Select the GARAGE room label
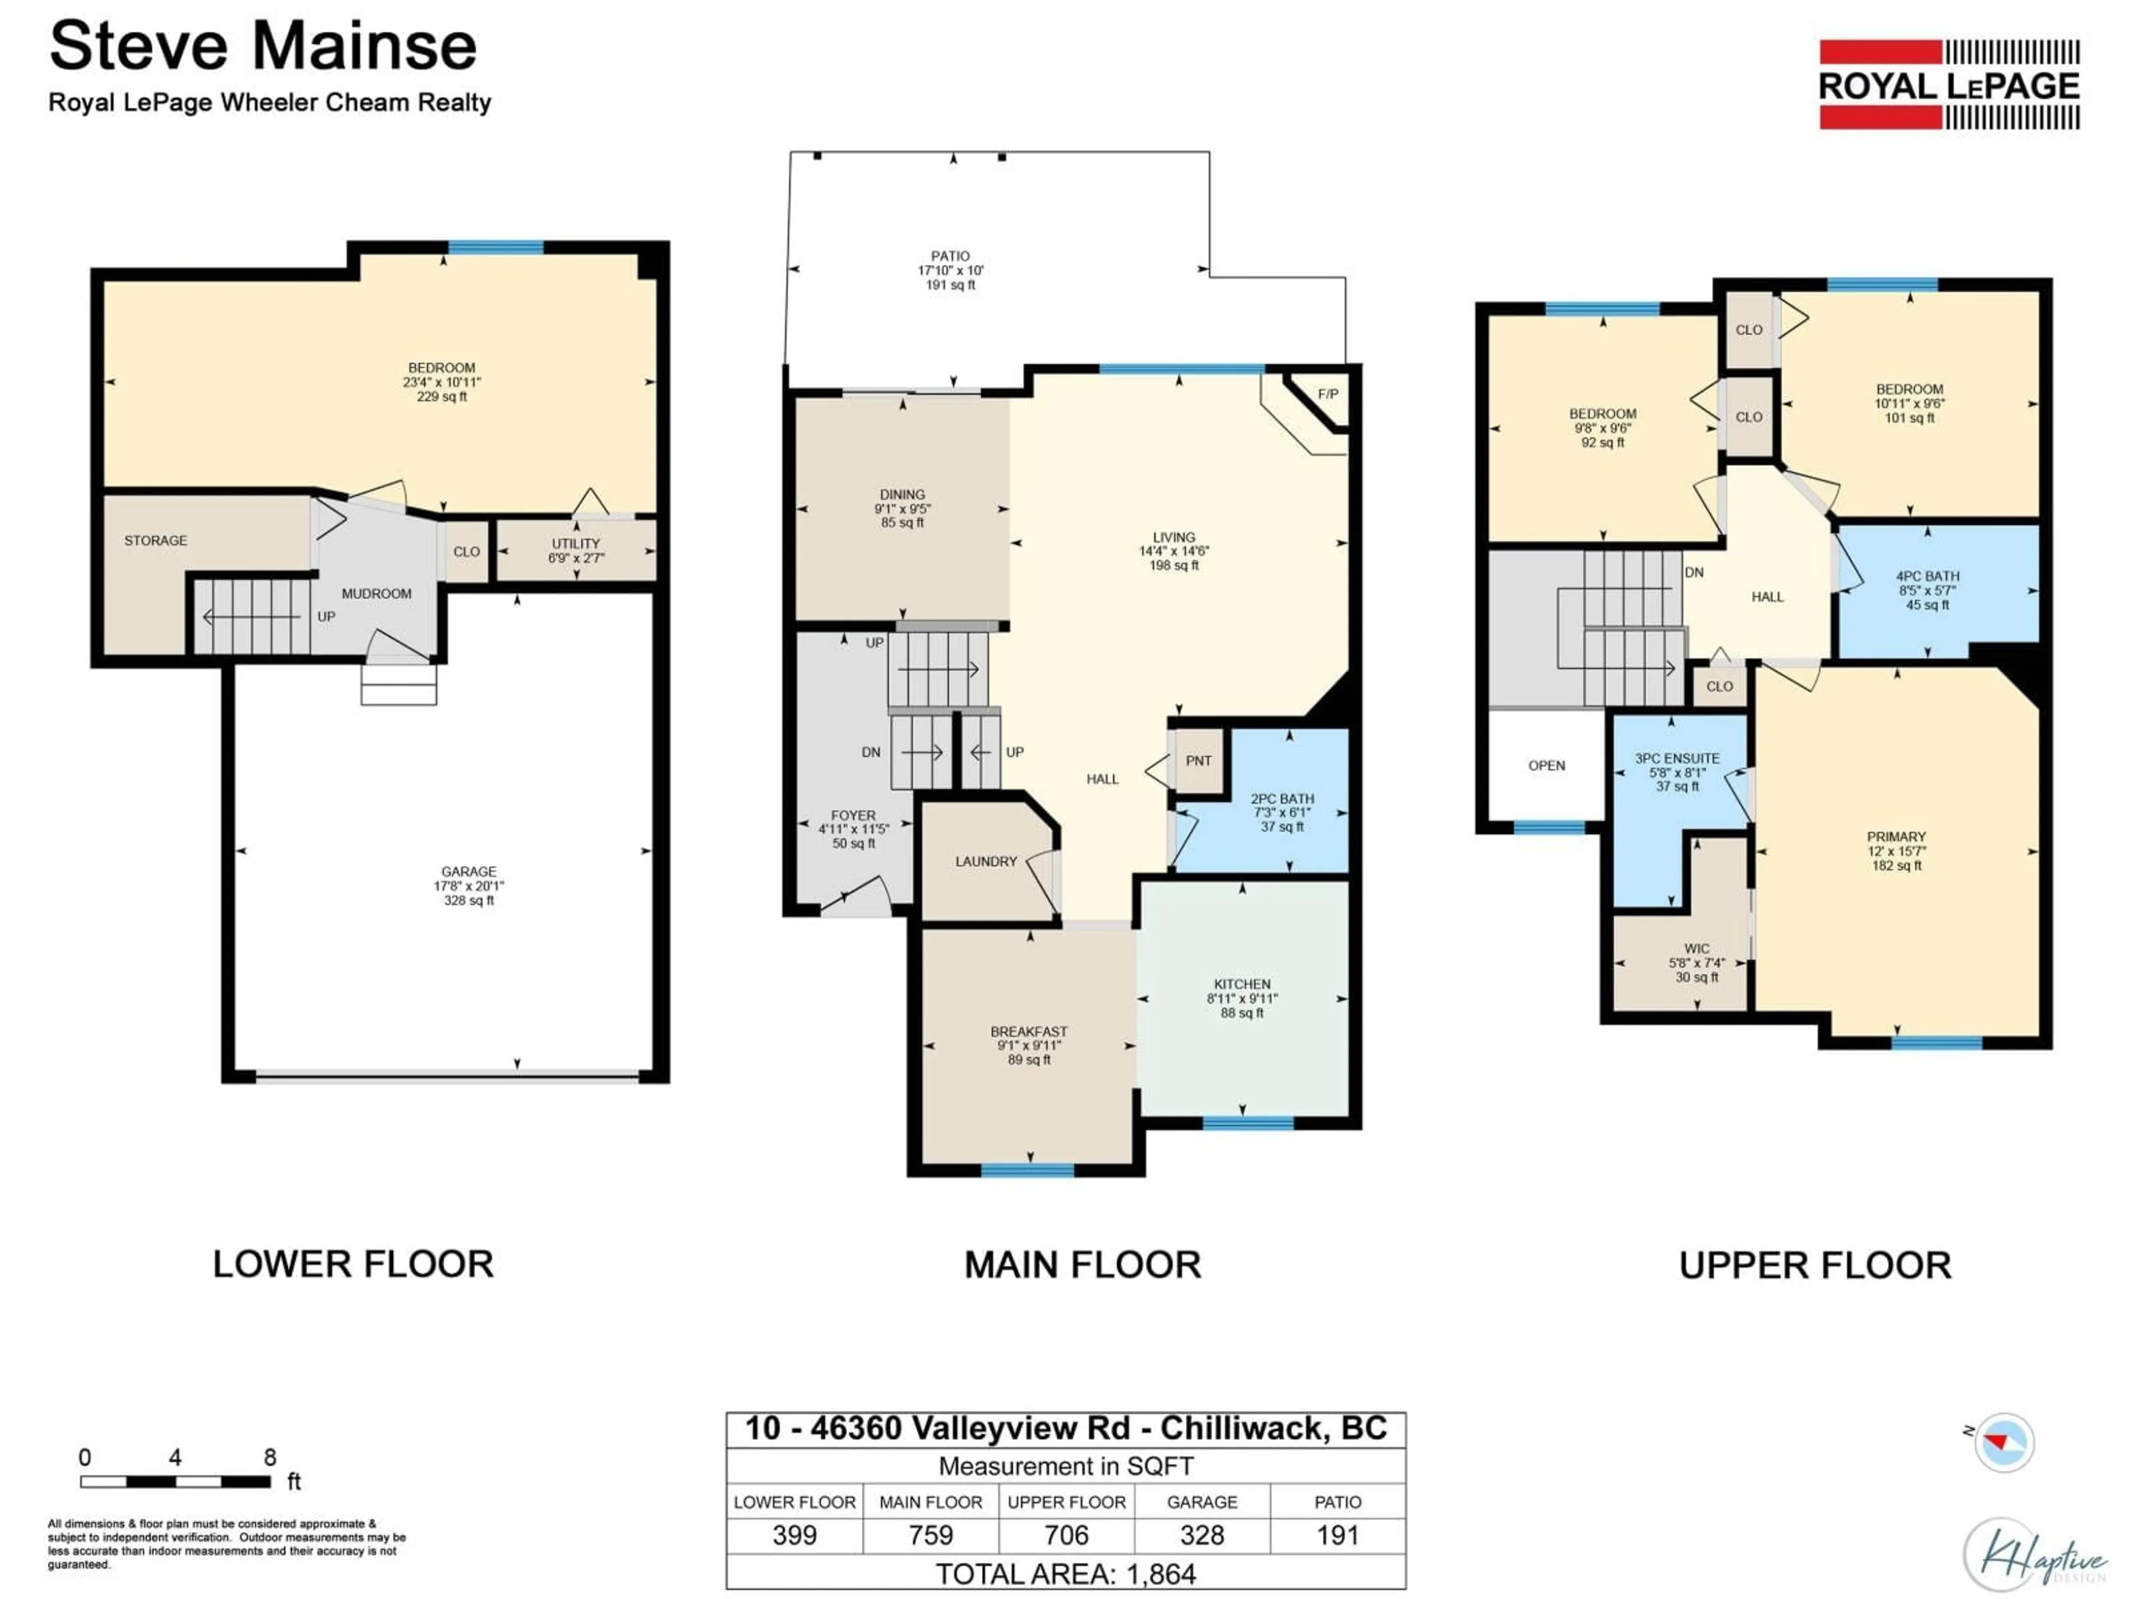coord(469,871)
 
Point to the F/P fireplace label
coord(1327,394)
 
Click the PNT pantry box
coord(1198,761)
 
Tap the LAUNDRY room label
coord(986,862)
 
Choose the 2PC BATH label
coord(1282,799)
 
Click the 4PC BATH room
coord(1928,590)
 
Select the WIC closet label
coord(1696,948)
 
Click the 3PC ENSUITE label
coord(1677,758)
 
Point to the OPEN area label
coord(1546,765)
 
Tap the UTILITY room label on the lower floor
coord(575,544)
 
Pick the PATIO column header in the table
coord(1338,1502)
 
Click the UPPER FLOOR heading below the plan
coord(1815,1265)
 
